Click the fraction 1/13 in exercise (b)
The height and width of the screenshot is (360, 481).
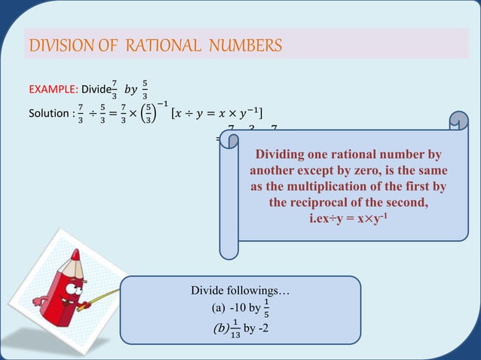235,327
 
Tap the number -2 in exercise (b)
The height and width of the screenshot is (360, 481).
266,327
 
